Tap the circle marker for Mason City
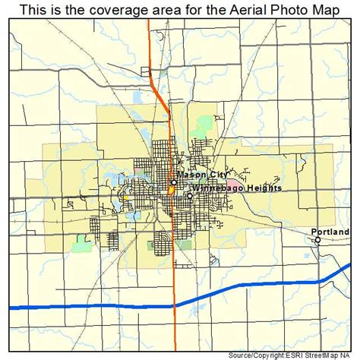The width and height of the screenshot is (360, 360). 173,182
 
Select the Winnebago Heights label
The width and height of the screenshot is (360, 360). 226,188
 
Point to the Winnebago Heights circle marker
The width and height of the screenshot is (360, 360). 189,196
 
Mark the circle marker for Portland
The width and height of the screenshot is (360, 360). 318,240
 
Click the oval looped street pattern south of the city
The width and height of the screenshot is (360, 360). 163,245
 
